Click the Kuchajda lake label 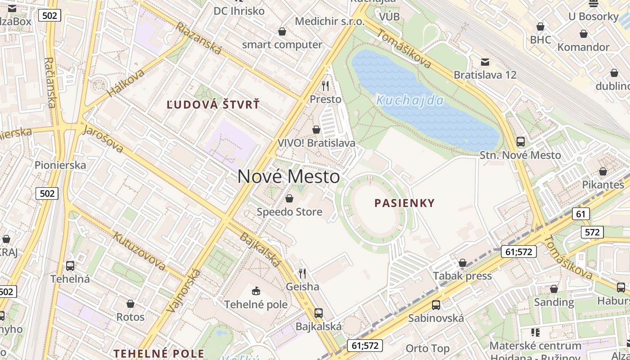(x=410, y=100)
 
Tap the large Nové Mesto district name (x=288, y=176)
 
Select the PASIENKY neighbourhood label (x=405, y=203)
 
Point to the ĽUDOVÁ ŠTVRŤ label (x=213, y=105)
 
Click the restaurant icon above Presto (x=325, y=85)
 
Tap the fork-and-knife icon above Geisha (x=302, y=273)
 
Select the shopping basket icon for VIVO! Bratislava (x=316, y=130)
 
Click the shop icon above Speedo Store (x=289, y=198)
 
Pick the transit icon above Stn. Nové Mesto (x=521, y=142)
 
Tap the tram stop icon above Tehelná (x=70, y=265)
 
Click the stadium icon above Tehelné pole (x=256, y=291)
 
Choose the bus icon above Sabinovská (x=436, y=305)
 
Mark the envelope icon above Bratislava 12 (x=485, y=61)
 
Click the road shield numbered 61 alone (x=581, y=214)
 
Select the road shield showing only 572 (x=592, y=232)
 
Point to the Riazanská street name (x=198, y=39)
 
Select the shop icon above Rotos (x=130, y=304)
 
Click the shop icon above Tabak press (x=462, y=263)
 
